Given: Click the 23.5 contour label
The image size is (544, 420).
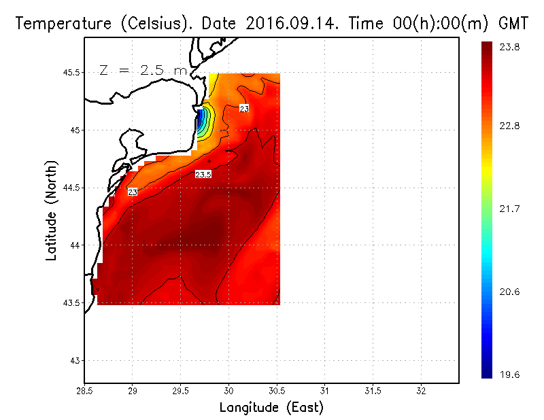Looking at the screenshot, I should [x=203, y=175].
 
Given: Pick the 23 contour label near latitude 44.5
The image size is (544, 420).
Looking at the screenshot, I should [x=133, y=192].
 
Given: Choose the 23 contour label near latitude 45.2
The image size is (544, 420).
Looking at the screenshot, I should [x=244, y=109].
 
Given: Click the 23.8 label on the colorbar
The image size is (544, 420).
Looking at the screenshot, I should [x=510, y=47].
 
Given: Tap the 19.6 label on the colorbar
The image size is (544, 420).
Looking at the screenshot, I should [x=510, y=374].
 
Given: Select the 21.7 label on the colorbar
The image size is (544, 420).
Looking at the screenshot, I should [x=510, y=209].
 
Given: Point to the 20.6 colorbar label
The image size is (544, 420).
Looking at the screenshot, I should [x=510, y=292].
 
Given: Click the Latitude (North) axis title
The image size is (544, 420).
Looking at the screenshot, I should [x=52, y=210].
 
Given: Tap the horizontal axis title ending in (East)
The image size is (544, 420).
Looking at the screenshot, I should [x=271, y=408].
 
